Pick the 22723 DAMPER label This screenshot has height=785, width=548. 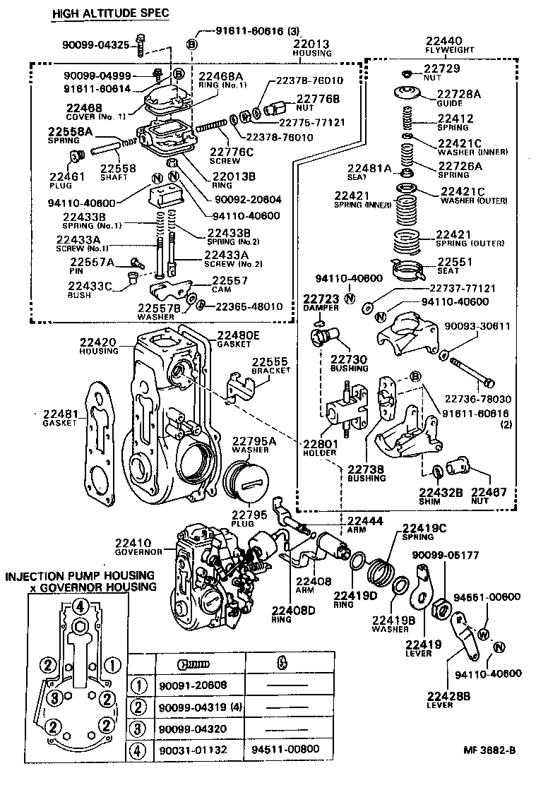tap(322, 303)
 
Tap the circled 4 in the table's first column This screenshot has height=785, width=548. tap(139, 749)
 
